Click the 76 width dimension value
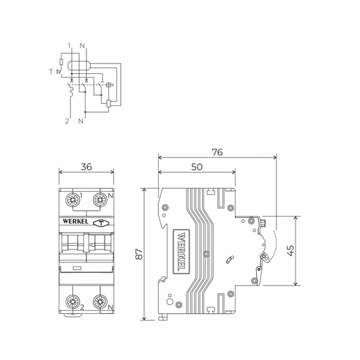click(217, 153)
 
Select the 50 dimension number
click(196, 168)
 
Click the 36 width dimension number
click(86, 168)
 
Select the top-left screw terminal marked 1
click(74, 198)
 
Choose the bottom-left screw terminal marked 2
click(74, 303)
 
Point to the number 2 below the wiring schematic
click(67, 119)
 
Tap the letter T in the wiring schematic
click(51, 72)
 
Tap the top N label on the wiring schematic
click(84, 47)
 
